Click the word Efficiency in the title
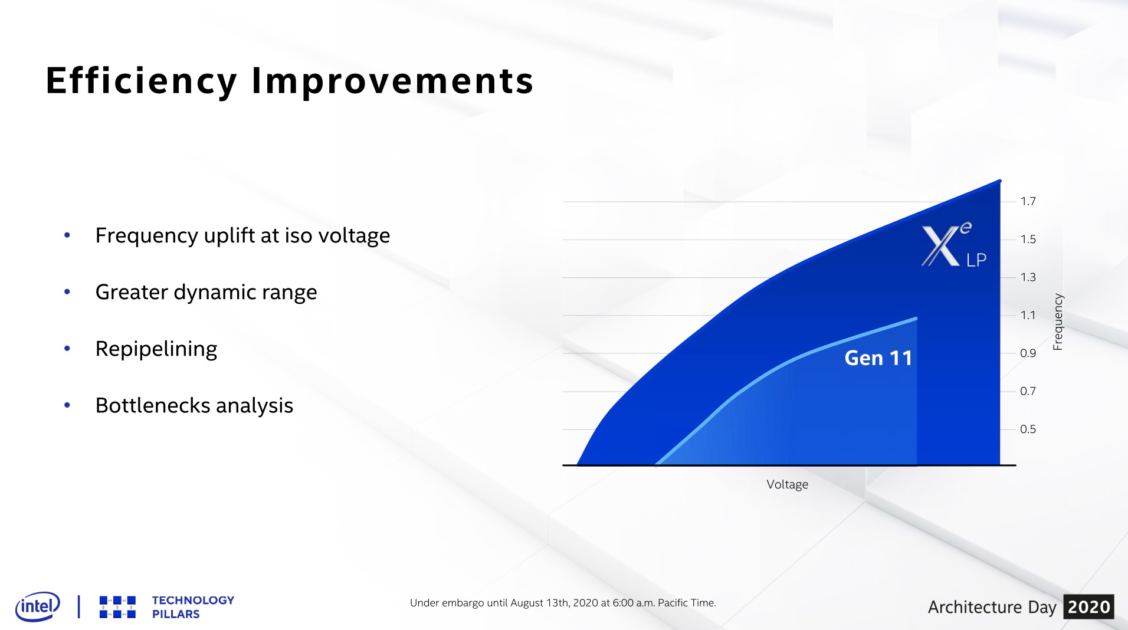(x=141, y=81)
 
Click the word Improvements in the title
(x=392, y=81)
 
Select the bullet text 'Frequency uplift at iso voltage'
(x=242, y=235)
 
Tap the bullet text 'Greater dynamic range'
(x=206, y=292)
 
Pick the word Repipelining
(x=156, y=349)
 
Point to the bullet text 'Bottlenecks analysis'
(x=194, y=405)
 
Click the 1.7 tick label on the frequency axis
(x=1028, y=201)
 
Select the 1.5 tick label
(x=1028, y=239)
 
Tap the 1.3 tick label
(x=1028, y=277)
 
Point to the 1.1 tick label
(x=1028, y=315)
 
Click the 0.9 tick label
(x=1028, y=353)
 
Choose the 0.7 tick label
(x=1028, y=391)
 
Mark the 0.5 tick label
(x=1028, y=429)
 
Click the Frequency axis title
(x=1058, y=321)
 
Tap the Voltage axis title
(x=787, y=484)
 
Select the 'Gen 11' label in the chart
(x=878, y=358)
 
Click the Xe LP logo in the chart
(x=954, y=244)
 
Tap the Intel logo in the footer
(x=38, y=606)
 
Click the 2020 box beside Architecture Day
(x=1088, y=606)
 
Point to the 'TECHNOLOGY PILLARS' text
(x=193, y=607)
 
